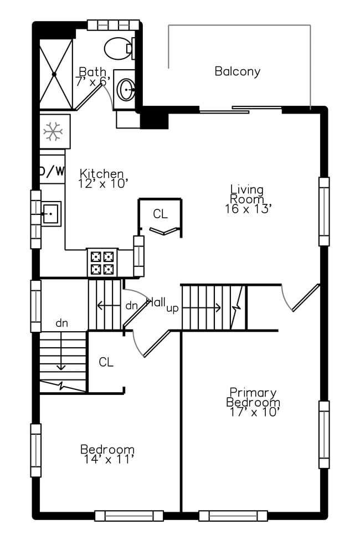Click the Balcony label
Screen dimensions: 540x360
(x=237, y=71)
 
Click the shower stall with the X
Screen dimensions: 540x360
(x=55, y=74)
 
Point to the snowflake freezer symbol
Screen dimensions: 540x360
(x=54, y=131)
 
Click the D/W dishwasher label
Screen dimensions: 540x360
(x=52, y=171)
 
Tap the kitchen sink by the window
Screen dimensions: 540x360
(x=50, y=213)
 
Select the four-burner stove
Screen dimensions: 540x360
(x=102, y=263)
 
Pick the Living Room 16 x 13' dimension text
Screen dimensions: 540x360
(x=248, y=209)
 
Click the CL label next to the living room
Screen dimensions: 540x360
(x=160, y=214)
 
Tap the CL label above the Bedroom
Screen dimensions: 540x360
(x=106, y=362)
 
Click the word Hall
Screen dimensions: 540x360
(x=156, y=302)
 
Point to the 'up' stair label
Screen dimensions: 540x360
(x=172, y=308)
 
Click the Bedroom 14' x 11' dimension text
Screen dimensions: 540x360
(x=107, y=459)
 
